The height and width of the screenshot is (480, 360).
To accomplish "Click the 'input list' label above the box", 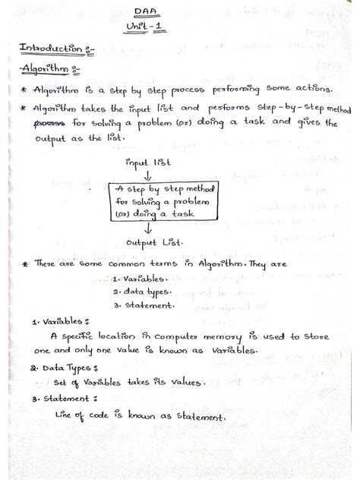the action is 149,162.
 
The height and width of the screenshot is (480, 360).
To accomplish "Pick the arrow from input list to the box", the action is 147,176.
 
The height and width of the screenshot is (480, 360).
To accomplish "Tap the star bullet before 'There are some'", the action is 26,264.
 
